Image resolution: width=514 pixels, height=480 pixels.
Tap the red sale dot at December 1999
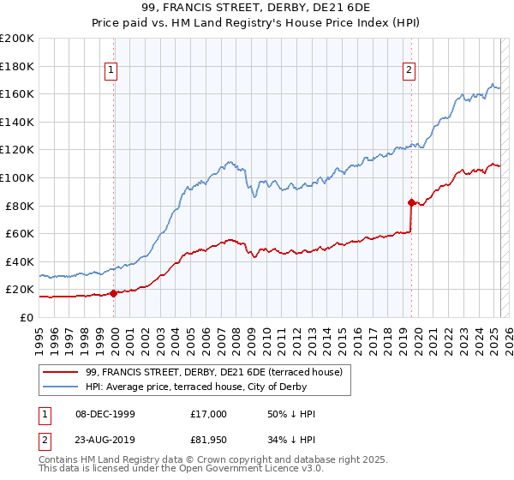point(113,293)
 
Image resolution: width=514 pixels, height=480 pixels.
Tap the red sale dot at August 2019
point(411,202)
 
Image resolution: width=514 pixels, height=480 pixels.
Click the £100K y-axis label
point(17,177)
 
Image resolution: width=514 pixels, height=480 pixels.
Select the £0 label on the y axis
point(27,317)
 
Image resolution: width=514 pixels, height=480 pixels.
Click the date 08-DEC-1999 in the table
point(105,414)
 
